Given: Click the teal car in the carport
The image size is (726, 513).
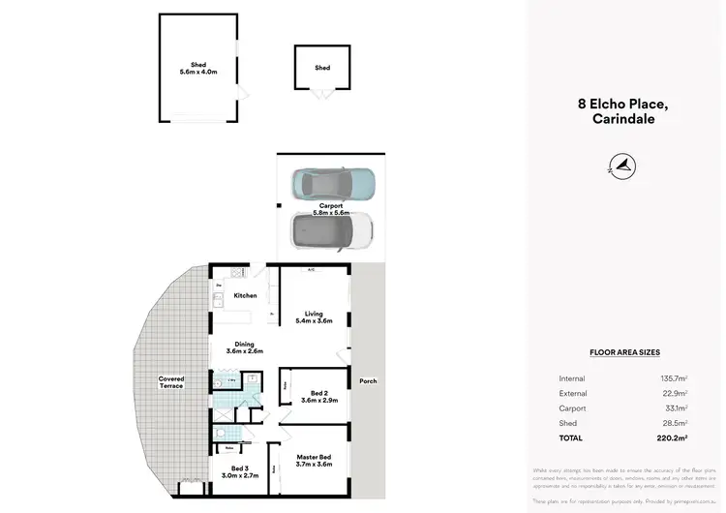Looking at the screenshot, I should pos(334,183).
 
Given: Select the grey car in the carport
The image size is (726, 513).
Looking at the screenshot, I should pos(332,231).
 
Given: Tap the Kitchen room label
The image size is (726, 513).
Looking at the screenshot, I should pos(245,295).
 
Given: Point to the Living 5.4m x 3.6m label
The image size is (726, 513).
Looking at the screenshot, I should pos(314,317).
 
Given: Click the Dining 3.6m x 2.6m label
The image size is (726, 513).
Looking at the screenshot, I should pos(244,347).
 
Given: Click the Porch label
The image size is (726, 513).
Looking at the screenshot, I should pos(367,381).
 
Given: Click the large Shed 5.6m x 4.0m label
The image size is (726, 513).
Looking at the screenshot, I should pos(198,67).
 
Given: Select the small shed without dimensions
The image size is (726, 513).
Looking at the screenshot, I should pos(322,68).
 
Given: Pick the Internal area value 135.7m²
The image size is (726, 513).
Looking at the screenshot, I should pos(674,378).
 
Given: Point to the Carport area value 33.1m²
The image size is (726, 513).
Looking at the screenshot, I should pos(676,409).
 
